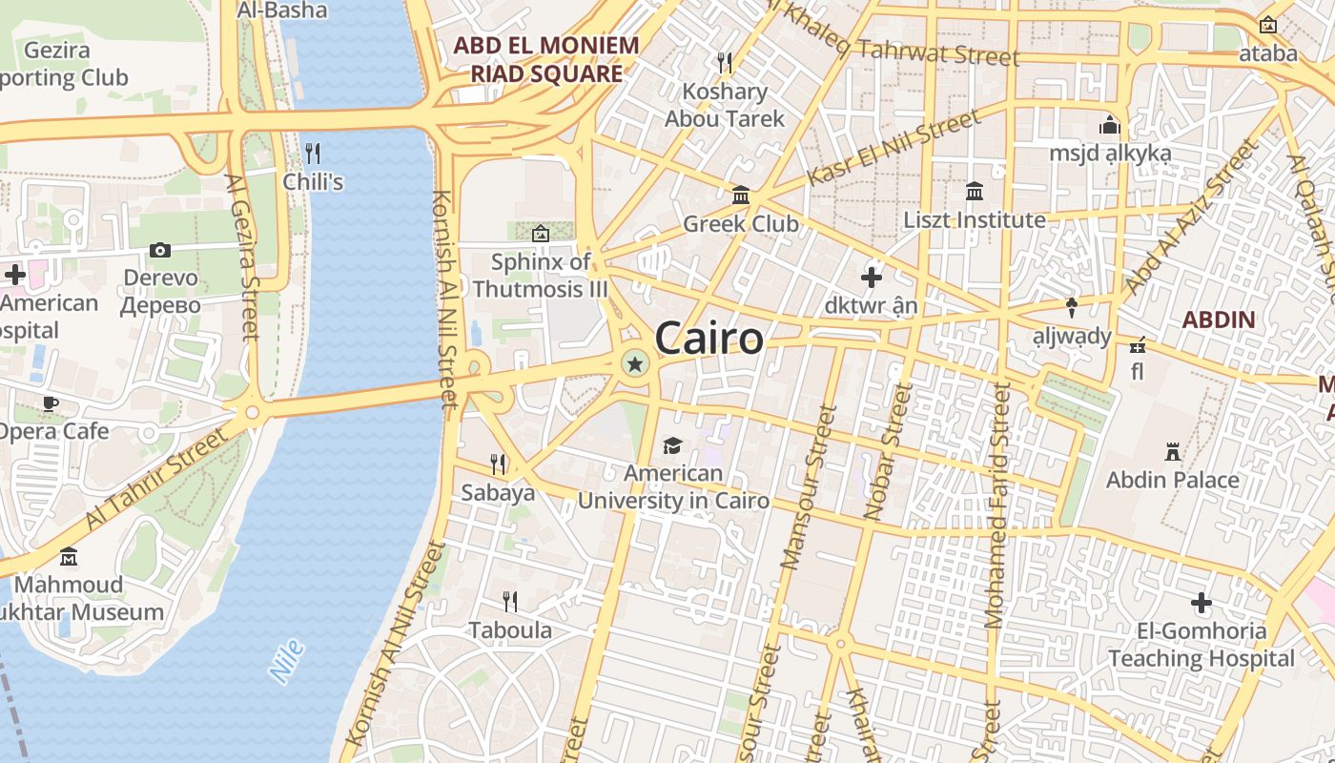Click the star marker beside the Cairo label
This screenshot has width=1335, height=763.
point(634,363)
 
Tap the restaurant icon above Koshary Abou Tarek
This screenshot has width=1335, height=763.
point(725,63)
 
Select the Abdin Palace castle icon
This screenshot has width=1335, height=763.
point(1173,451)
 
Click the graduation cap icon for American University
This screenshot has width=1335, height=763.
point(673,445)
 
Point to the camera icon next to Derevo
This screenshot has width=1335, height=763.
point(160,250)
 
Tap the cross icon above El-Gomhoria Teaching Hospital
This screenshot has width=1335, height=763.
point(1201,602)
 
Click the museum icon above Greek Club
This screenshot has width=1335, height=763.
point(740,196)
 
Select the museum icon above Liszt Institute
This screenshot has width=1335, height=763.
point(975,192)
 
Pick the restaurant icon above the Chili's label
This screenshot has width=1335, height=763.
point(312,152)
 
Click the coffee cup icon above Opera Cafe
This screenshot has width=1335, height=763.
point(50,403)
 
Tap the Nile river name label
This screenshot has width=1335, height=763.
point(287,661)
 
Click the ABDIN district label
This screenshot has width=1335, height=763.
point(1219,320)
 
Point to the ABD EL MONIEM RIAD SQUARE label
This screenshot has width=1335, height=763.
point(546,59)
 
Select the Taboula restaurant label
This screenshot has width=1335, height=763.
point(510,630)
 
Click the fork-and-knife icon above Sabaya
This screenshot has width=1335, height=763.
point(498,464)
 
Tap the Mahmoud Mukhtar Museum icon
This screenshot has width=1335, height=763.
point(69,556)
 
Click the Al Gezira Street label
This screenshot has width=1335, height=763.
point(243,256)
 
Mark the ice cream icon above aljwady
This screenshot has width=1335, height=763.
point(1072,307)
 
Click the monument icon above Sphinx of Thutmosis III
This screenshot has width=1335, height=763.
point(541,232)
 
